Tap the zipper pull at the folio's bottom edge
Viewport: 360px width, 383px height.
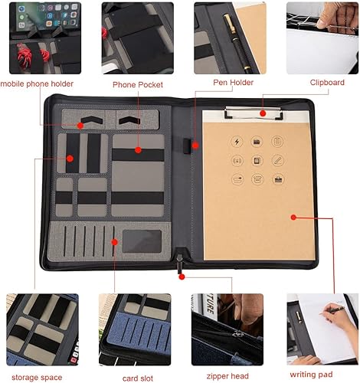coord(182,265)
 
